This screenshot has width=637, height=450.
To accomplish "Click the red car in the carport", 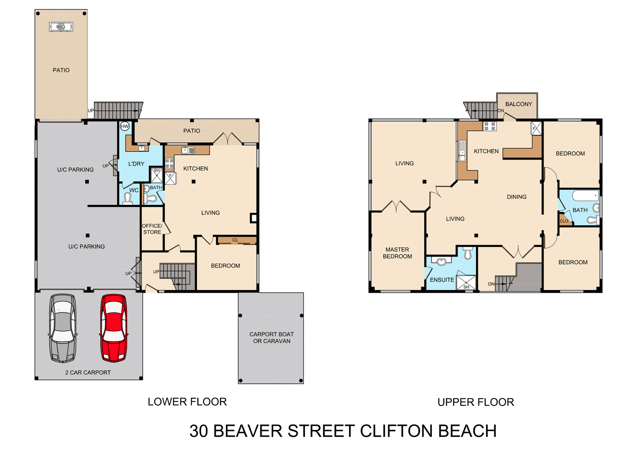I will point(113,328).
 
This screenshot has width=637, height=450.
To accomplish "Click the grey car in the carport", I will point(63,328).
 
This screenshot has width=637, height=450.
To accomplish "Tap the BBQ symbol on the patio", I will point(61,27).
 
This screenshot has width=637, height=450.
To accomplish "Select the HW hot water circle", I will point(125,126).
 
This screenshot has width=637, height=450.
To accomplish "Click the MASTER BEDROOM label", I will point(397,253).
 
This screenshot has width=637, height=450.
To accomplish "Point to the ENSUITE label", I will point(442,280).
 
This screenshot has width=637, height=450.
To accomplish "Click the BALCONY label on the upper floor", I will point(519,104).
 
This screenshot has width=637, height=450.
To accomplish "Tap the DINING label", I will point(516,197).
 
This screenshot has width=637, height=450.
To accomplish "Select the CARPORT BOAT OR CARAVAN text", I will point(272,338).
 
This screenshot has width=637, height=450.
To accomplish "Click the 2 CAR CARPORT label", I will point(88,372).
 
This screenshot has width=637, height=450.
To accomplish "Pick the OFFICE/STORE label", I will point(152,229).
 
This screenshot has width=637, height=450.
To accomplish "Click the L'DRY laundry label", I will point(136,164).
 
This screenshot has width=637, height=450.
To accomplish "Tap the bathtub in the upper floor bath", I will point(585,196).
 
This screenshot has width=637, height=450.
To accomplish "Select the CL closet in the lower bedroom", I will point(236,240).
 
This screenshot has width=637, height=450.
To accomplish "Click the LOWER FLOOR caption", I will point(187,402).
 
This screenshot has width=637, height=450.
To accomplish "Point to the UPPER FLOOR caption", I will point(476,402).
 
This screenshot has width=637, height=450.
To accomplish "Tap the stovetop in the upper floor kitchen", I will point(490,126).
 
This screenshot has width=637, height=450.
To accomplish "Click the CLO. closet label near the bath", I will point(564,221).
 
